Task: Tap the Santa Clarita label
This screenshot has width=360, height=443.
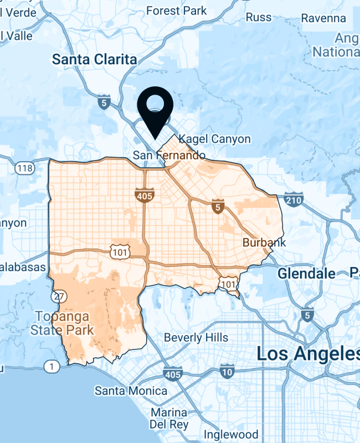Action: click(94, 60)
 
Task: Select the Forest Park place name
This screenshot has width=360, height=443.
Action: click(176, 11)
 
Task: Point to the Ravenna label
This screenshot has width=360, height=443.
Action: click(323, 18)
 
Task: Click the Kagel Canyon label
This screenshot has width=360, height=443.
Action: click(215, 139)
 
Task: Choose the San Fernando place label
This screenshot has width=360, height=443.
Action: click(169, 156)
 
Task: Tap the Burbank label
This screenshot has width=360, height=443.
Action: click(264, 243)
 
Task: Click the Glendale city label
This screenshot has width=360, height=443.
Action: click(306, 274)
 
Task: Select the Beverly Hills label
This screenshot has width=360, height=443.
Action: click(196, 337)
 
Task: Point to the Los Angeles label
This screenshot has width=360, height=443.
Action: click(307, 354)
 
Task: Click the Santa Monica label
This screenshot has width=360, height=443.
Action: click(131, 391)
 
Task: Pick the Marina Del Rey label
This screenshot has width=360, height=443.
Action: click(168, 419)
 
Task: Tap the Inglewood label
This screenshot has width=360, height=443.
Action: click(231, 434)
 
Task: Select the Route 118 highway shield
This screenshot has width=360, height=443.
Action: click(25, 168)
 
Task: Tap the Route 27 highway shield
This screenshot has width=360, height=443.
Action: click(58, 296)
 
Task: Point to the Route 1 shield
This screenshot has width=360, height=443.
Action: click(52, 367)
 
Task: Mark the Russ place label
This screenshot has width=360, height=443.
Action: click(259, 17)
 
